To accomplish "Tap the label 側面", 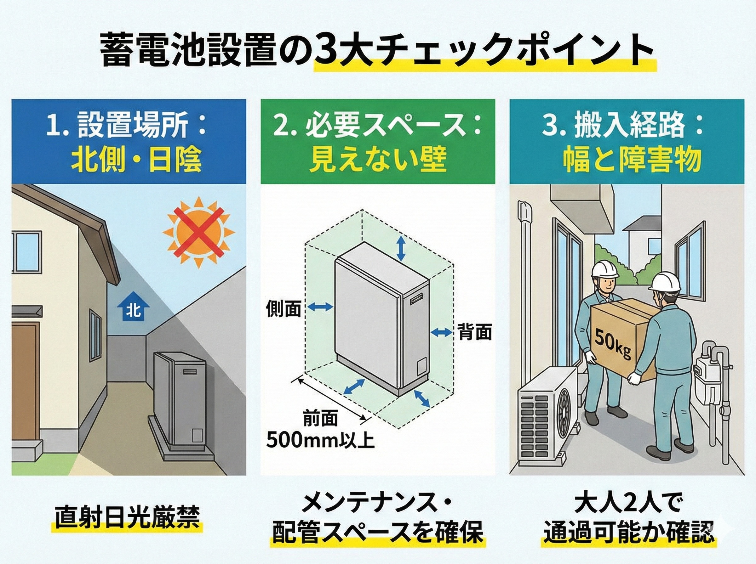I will (x=283, y=309).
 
